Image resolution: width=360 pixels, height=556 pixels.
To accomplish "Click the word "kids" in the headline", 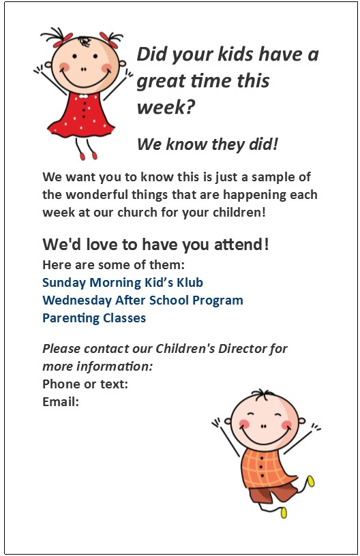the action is point(235,55).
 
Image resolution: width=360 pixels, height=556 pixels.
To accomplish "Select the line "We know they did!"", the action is point(207,144).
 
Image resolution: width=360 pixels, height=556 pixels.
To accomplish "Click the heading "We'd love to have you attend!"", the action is point(155,244).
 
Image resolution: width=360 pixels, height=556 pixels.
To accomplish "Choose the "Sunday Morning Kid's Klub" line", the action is point(123,282).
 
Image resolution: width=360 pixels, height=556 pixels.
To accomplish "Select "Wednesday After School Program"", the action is point(142,300).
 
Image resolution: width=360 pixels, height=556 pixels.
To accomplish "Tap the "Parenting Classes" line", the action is point(94,318).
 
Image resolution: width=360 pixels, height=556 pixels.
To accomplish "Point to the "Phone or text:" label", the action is point(85,384).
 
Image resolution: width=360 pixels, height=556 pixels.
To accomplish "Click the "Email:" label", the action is point(61,401).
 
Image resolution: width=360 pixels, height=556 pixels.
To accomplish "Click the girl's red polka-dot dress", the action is point(82,114).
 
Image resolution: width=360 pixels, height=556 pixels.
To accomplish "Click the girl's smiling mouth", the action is point(85,82).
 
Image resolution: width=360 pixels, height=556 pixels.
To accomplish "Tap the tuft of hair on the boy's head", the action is point(262,394).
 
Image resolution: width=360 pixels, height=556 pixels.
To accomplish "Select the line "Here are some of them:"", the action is point(113,264).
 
